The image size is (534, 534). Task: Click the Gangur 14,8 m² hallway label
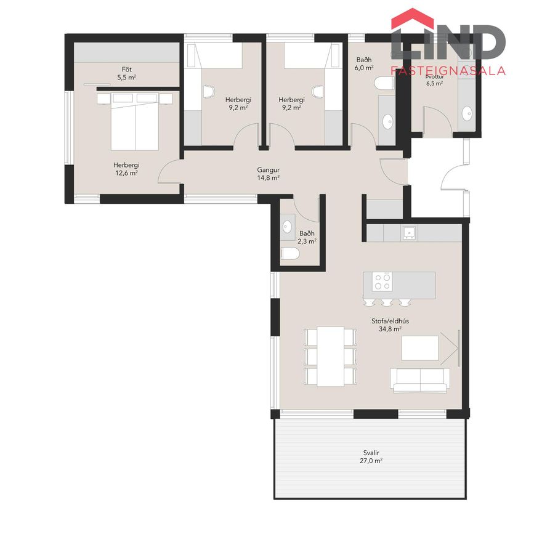click(269, 174)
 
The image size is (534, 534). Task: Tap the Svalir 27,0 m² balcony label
click(371, 457)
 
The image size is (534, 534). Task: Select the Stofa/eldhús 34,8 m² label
click(390, 325)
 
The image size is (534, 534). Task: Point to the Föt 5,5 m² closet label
click(127, 73)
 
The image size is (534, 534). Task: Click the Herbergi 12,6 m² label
click(126, 169)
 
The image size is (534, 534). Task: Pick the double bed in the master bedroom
click(135, 121)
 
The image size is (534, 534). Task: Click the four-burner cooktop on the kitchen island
click(382, 281)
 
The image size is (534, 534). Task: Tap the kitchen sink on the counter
click(408, 232)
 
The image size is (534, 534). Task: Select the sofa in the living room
click(419, 380)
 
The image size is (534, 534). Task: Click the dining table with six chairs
click(330, 357)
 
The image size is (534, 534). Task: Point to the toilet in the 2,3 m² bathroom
click(290, 253)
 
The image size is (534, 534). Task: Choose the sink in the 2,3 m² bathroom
click(288, 226)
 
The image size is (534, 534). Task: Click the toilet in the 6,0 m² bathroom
click(384, 83)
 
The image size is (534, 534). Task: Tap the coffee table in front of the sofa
click(420, 348)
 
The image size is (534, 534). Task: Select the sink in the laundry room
click(467, 113)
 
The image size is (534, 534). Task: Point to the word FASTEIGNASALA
click(448, 70)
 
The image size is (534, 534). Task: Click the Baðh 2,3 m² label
click(307, 237)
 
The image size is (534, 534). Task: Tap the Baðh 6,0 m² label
click(364, 63)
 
